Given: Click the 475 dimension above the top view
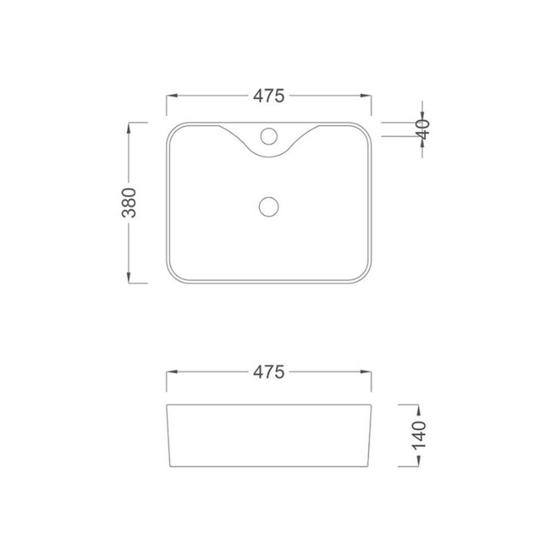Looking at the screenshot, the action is click(269, 95).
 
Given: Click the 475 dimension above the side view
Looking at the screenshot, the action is click(269, 372).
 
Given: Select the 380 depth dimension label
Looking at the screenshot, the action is click(129, 203).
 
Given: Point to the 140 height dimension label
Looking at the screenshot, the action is click(419, 435).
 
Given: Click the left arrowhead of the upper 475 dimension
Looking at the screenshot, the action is click(171, 95).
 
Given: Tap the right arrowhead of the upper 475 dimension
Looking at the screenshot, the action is click(366, 95).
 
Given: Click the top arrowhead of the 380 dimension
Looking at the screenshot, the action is click(129, 128).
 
